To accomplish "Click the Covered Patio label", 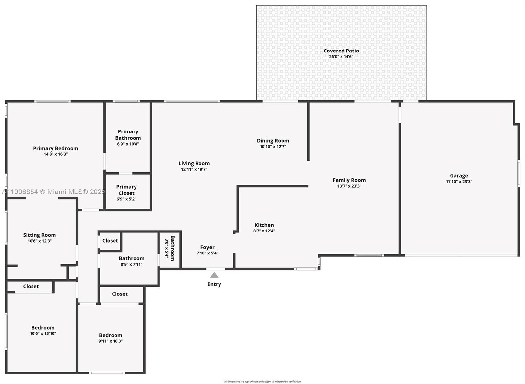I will tap(341, 51).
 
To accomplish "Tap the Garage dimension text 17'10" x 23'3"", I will tap(459, 182).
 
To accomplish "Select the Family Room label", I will tap(349, 180).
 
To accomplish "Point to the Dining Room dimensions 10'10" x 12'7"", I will tap(273, 147).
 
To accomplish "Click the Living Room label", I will tap(194, 163).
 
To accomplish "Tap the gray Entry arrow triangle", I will tap(214, 275).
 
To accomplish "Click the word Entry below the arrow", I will tap(214, 284).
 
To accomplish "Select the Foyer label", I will tap(207, 247).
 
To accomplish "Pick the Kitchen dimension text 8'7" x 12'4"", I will tap(264, 231).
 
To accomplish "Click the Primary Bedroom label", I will tap(56, 148).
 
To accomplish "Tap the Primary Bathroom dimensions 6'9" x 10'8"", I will tap(128, 144).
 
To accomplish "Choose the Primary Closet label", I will tap(126, 190).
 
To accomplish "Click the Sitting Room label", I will tap(39, 235).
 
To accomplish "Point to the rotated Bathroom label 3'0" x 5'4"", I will tap(170, 248).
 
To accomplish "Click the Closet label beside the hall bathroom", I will tap(110, 241).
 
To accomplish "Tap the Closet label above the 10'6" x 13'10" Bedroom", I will tap(31, 286).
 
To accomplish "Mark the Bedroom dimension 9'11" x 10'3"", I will tap(111, 341).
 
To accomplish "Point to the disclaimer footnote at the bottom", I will tap(262, 381).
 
